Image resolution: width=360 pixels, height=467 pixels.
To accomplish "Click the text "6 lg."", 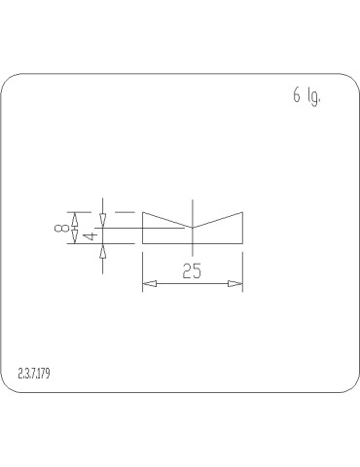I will (306, 96).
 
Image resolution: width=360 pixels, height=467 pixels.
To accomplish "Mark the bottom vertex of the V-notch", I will (193, 228).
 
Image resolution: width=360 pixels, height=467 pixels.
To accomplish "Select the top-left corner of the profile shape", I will (143, 211).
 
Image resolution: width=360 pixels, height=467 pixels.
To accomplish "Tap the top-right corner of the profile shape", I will (242, 211).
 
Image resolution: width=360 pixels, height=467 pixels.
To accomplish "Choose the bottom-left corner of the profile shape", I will (143, 243).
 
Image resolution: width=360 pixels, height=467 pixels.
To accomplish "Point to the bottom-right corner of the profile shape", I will (242, 243).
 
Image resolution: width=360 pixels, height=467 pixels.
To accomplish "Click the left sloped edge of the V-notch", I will (167, 219).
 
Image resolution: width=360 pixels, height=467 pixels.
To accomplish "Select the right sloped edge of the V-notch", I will (218, 219).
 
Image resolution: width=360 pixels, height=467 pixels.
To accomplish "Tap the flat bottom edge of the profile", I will (193, 243).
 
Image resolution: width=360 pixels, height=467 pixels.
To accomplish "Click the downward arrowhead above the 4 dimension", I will (103, 221).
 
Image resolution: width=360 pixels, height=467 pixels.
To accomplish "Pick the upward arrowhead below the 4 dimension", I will (103, 250).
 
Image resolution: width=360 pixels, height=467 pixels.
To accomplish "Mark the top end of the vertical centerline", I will (193, 200).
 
